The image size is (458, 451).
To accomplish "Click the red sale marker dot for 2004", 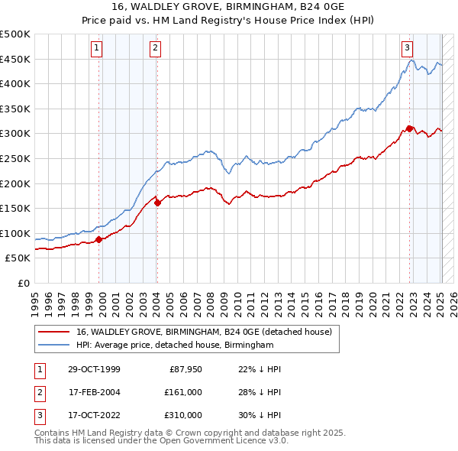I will [157, 203].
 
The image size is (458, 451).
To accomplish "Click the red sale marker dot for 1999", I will [99, 239].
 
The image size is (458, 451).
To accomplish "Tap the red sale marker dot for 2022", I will [410, 128].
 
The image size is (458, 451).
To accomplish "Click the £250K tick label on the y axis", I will [15, 158].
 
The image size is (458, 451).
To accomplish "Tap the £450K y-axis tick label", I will [15, 59].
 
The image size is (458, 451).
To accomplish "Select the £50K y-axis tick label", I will [18, 258].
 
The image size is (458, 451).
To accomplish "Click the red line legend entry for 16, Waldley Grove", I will [203, 333].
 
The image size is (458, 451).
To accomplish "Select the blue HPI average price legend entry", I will [174, 346].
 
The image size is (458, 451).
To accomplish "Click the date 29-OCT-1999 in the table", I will [94, 369].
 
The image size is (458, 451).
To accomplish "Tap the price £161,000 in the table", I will [183, 392].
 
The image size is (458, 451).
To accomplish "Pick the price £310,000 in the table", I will [183, 415].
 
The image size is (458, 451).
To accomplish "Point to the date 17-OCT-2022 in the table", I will [94, 415].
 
